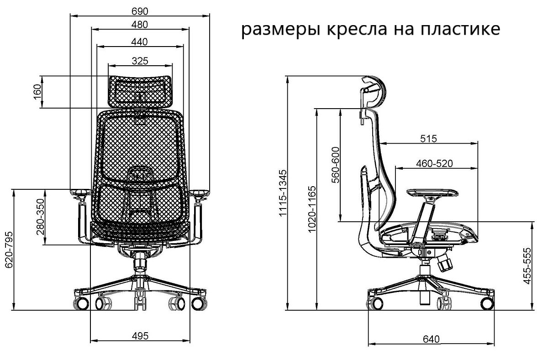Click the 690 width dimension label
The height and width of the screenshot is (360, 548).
(x=139, y=10)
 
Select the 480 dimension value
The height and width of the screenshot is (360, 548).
(x=139, y=24)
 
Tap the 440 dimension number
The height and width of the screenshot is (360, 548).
(x=139, y=42)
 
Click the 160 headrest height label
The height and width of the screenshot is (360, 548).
(x=37, y=92)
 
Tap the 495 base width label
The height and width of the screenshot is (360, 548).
(x=140, y=336)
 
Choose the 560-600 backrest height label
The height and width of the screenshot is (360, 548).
(x=336, y=165)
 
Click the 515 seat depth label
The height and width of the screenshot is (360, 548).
(x=428, y=138)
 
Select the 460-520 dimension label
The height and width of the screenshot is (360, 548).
(x=434, y=163)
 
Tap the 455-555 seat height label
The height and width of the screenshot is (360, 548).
(x=528, y=266)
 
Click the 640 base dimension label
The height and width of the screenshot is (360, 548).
(x=431, y=339)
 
